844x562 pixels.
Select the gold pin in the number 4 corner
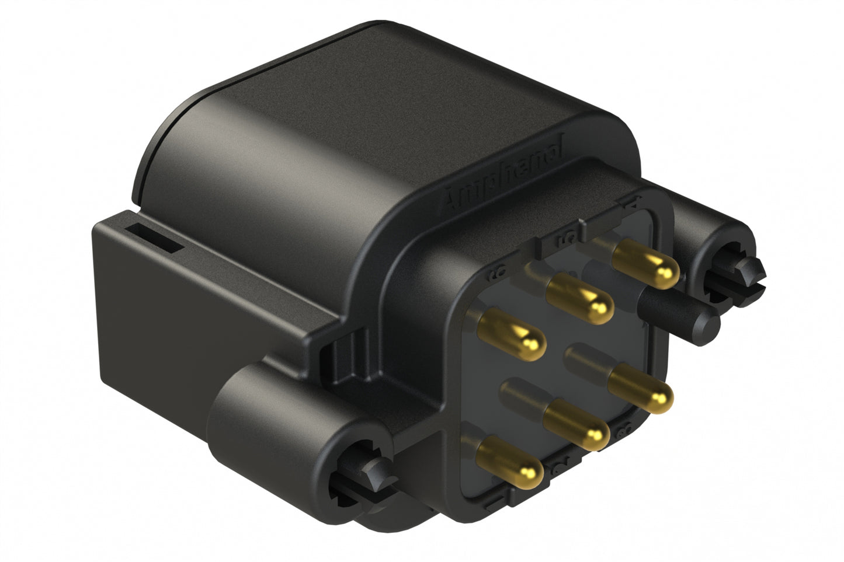[x=648, y=265]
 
